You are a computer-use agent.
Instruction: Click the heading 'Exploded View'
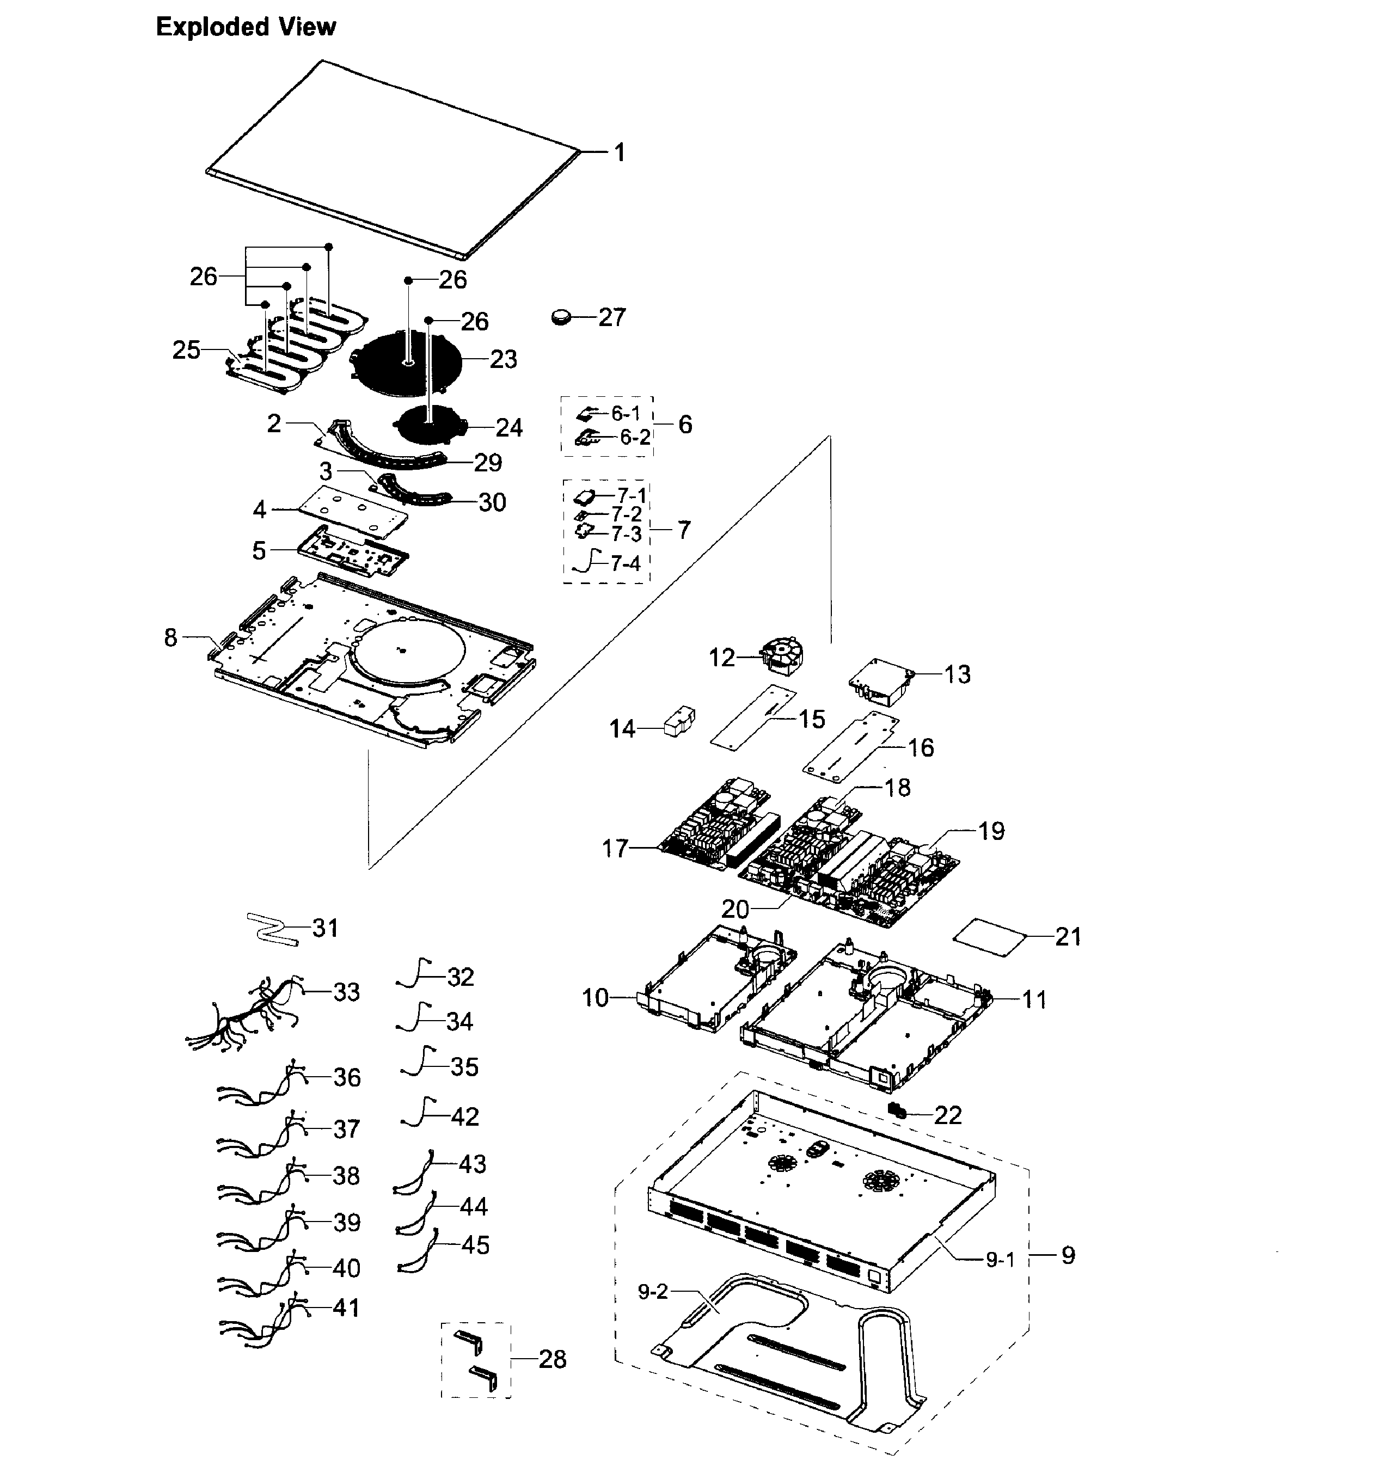(246, 27)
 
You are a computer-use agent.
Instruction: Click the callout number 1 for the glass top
(620, 152)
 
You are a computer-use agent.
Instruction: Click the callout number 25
(186, 349)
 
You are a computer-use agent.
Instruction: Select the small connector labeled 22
(897, 1110)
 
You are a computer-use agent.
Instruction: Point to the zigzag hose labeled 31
(271, 929)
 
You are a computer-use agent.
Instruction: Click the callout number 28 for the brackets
(553, 1359)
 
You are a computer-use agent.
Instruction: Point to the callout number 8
(171, 637)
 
